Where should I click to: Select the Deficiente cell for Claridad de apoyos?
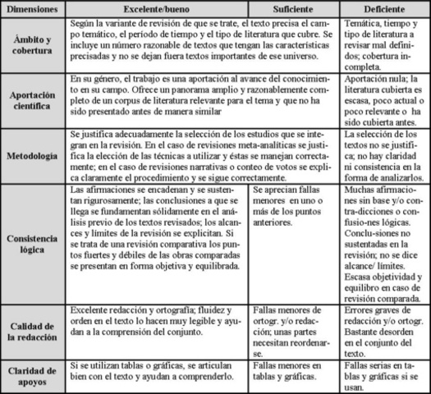(383, 372)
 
